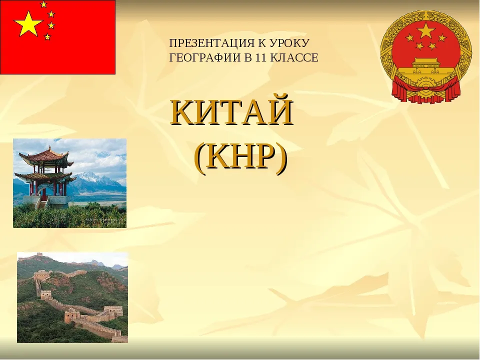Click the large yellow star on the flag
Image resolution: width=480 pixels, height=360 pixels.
(28, 23)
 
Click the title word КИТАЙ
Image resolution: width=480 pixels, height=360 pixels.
(232, 112)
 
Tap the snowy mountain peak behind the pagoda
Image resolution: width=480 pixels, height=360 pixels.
(89, 178)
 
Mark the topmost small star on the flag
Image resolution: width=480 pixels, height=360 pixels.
(44, 4)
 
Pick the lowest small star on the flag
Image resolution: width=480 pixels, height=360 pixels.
(47, 37)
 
